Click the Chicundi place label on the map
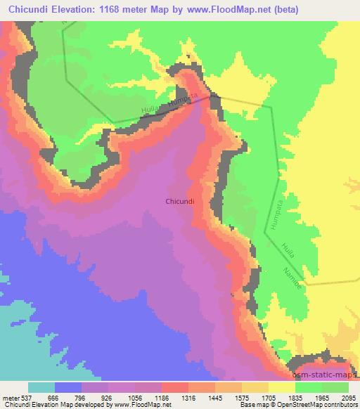point(184,200)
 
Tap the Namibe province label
point(295,273)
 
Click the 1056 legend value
point(147,398)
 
